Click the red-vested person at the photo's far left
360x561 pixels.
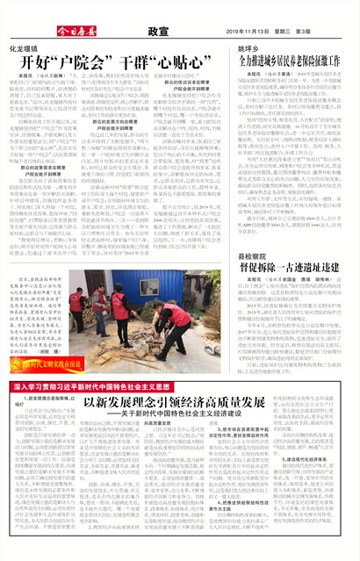(78, 304)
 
